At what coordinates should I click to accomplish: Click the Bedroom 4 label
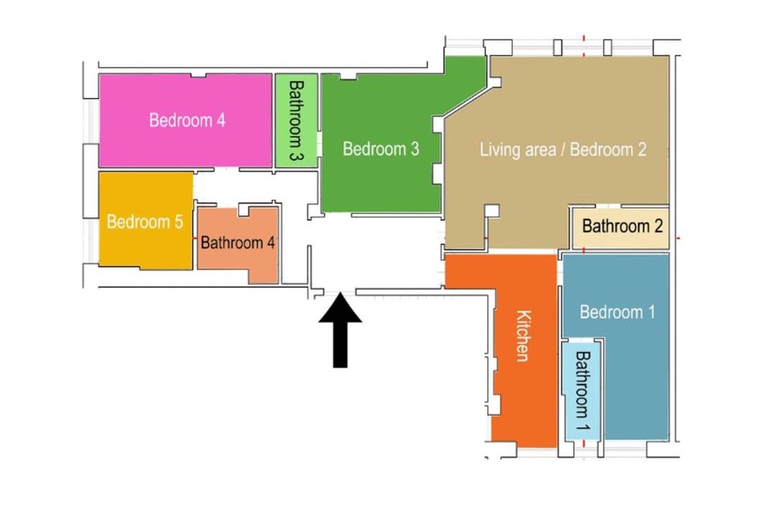(x=187, y=120)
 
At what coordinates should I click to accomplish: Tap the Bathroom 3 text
(x=296, y=121)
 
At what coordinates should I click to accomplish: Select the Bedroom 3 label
(x=380, y=149)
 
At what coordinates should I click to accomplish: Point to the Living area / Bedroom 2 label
(x=563, y=150)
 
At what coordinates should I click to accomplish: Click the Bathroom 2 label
(x=622, y=226)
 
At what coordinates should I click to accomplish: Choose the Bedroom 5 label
(x=145, y=222)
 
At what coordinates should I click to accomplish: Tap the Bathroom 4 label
(x=238, y=242)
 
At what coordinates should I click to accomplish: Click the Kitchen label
(x=524, y=336)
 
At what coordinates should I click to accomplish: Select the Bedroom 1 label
(x=617, y=312)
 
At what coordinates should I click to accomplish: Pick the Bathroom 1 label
(x=582, y=391)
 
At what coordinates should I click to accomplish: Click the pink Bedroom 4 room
(x=185, y=121)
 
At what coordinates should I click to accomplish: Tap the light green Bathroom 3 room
(x=296, y=121)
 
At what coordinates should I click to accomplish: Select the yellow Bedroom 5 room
(x=146, y=219)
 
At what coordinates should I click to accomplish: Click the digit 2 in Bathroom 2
(x=658, y=226)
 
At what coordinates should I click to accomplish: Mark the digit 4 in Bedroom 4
(x=221, y=120)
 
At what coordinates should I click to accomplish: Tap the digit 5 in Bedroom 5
(x=179, y=222)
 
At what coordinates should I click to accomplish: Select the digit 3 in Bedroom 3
(x=415, y=149)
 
